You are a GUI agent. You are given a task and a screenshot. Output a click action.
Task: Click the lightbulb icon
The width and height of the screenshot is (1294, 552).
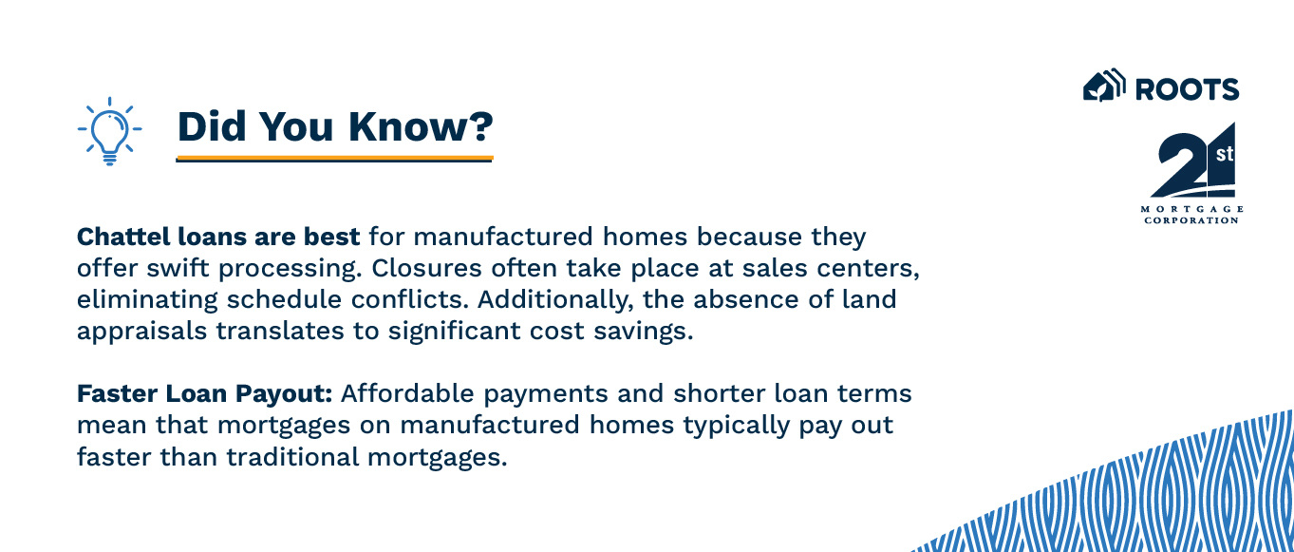pos(109,130)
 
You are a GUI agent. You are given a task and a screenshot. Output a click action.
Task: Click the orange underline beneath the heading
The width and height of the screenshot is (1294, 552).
pos(334,157)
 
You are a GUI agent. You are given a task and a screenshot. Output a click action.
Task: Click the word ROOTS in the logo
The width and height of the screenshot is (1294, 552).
pos(1187,89)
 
